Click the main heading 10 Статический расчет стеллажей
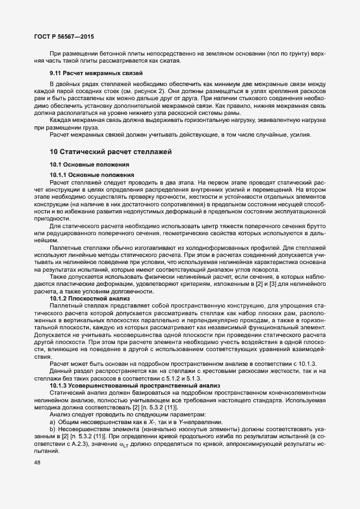click(111, 150)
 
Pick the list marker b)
click(52, 415)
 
